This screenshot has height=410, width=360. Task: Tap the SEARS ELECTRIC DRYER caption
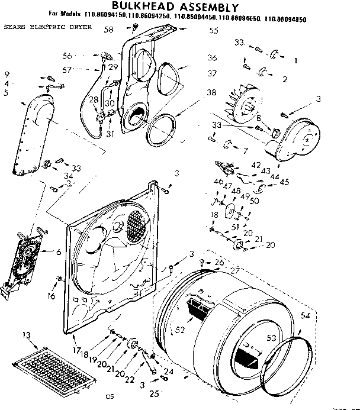[47, 28]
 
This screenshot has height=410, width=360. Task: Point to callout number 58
[108, 29]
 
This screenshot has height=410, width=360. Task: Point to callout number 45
[285, 182]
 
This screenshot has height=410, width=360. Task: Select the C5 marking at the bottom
[109, 396]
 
